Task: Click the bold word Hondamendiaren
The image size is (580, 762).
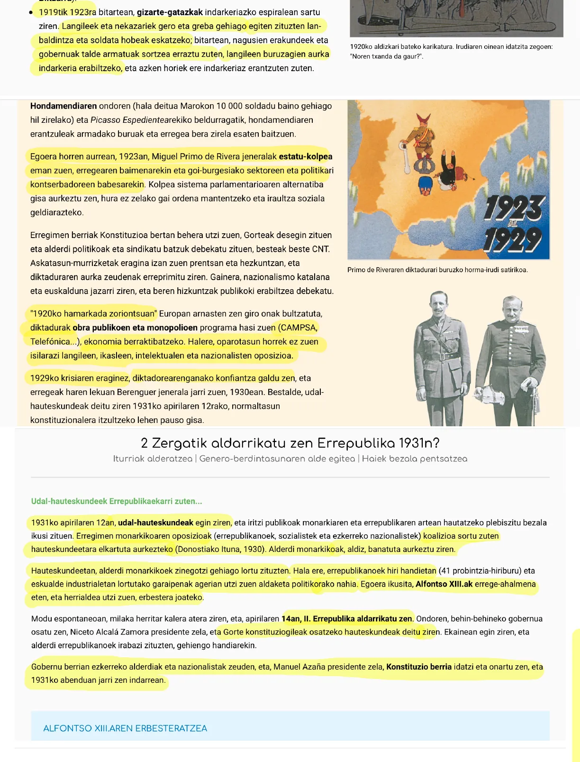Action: (63, 106)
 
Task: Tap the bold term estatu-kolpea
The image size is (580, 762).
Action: (306, 156)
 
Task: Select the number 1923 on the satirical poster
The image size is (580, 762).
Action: (515, 208)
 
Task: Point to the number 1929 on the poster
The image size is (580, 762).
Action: (513, 239)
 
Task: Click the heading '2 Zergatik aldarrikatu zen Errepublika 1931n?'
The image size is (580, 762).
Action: (290, 443)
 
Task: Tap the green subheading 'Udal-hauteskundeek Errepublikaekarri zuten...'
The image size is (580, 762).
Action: (117, 501)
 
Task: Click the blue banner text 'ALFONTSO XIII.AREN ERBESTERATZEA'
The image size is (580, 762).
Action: (125, 728)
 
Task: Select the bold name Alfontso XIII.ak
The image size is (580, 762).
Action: (444, 584)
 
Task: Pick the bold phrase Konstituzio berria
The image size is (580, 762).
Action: (418, 667)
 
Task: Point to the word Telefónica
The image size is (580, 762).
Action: (50, 342)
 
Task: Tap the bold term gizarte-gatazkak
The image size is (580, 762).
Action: (170, 12)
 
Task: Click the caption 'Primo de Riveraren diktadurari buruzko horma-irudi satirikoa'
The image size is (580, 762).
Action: (437, 270)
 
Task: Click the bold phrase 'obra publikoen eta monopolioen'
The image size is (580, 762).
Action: (135, 328)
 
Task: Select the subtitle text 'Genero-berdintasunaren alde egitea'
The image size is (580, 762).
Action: (277, 459)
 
